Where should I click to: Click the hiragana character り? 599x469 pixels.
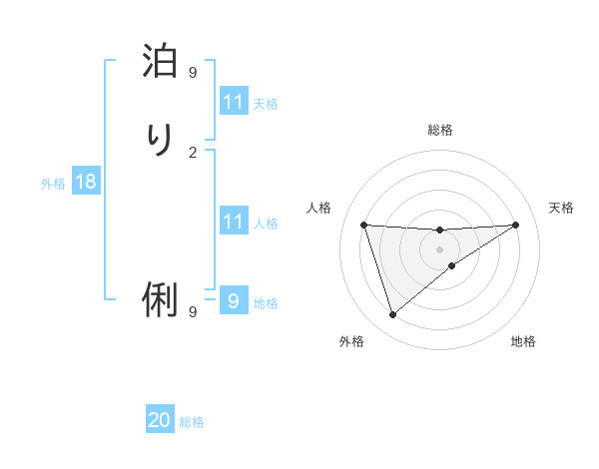tap(160, 140)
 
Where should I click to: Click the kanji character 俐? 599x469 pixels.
tap(160, 299)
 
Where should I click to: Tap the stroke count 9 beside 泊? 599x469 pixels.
tap(193, 72)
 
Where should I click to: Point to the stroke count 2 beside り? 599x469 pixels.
tap(193, 152)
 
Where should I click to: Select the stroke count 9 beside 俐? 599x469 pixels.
tap(193, 312)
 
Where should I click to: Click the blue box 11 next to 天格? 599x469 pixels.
tap(234, 102)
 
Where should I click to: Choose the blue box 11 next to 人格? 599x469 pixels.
tap(234, 222)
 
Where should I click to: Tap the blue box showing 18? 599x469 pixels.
tap(85, 182)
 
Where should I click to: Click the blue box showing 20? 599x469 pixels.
tap(160, 420)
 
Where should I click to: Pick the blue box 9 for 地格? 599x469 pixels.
tap(234, 300)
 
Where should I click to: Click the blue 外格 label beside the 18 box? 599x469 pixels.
tap(53, 183)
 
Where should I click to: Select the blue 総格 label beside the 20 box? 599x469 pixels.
tap(192, 422)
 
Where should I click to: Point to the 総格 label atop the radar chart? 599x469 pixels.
tap(439, 130)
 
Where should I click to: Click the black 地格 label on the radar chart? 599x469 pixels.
tap(523, 341)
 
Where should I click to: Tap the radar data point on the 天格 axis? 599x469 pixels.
tap(515, 225)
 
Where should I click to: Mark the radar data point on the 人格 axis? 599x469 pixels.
tap(364, 225)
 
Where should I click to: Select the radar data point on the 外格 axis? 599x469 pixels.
tap(392, 315)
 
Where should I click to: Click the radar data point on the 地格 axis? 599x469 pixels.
tap(452, 265)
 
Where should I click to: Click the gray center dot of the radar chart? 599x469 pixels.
tap(439, 248)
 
